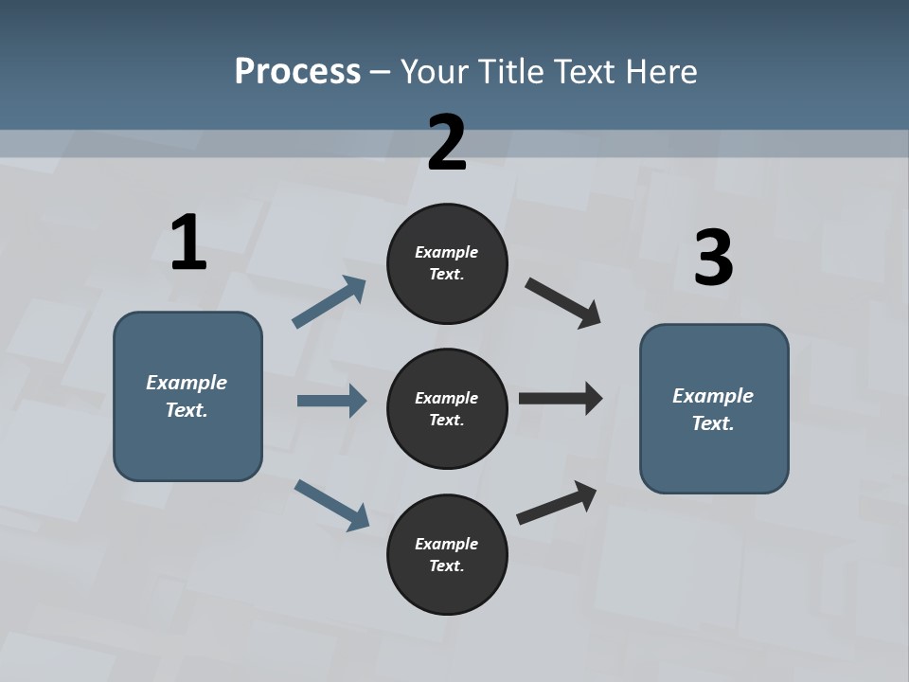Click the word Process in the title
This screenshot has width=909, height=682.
point(297,72)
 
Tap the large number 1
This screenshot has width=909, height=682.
point(188,243)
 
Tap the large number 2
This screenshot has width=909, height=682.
point(447,143)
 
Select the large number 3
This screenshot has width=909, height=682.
point(714,258)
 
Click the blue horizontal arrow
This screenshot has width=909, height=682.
point(331,401)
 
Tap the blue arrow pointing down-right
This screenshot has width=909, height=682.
point(331,504)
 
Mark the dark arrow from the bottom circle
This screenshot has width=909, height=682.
point(557,502)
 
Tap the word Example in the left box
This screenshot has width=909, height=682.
point(187,383)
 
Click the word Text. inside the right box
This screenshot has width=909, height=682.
point(713,423)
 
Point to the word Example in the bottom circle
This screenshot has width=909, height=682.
point(446,544)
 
